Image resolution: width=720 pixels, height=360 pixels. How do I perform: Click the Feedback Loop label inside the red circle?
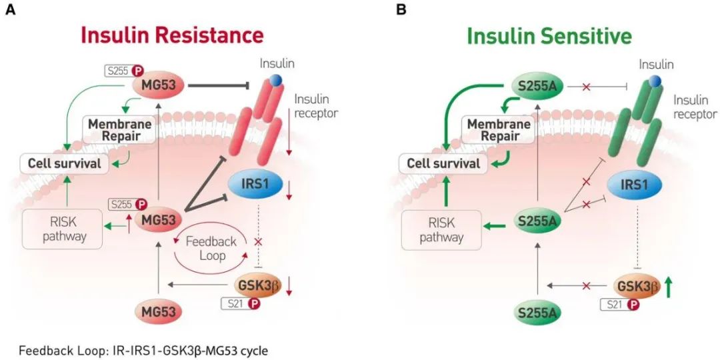click(206, 249)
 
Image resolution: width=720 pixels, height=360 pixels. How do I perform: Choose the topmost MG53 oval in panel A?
click(159, 85)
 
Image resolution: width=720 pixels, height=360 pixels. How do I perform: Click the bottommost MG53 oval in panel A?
click(159, 312)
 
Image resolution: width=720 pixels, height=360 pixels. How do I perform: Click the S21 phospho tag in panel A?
click(240, 303)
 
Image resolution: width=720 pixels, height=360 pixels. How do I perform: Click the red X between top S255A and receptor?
click(586, 86)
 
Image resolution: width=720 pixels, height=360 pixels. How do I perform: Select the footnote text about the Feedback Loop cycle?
click(143, 351)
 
